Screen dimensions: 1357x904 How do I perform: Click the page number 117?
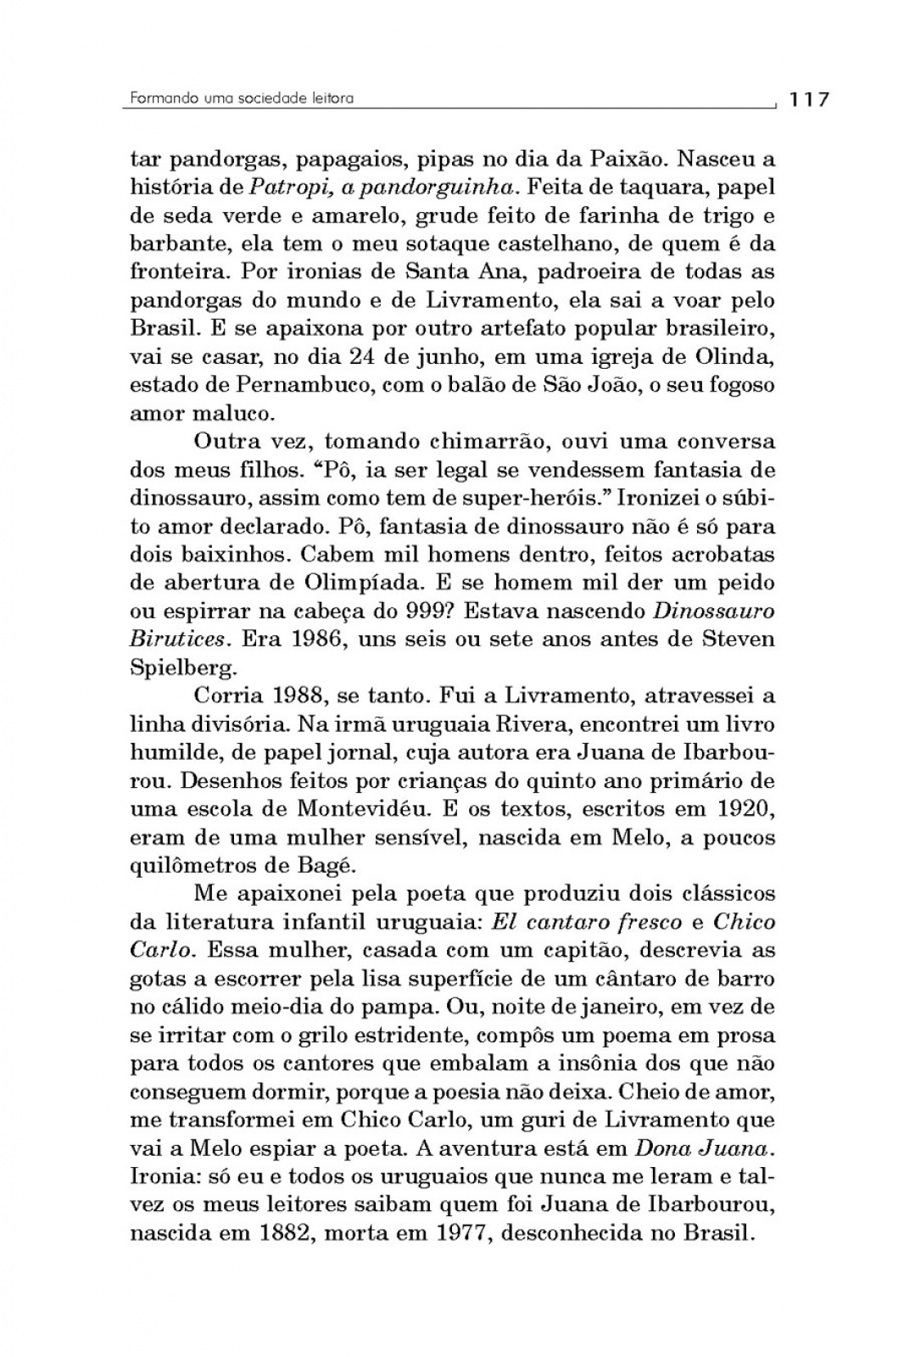[x=808, y=99]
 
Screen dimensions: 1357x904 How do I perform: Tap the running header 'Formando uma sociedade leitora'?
[x=242, y=98]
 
